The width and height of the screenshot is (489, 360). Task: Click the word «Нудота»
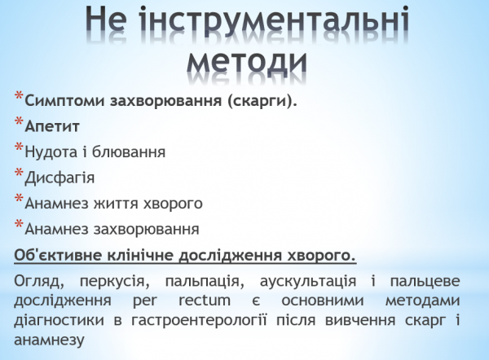point(50,151)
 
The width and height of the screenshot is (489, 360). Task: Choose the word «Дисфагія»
point(60,177)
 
